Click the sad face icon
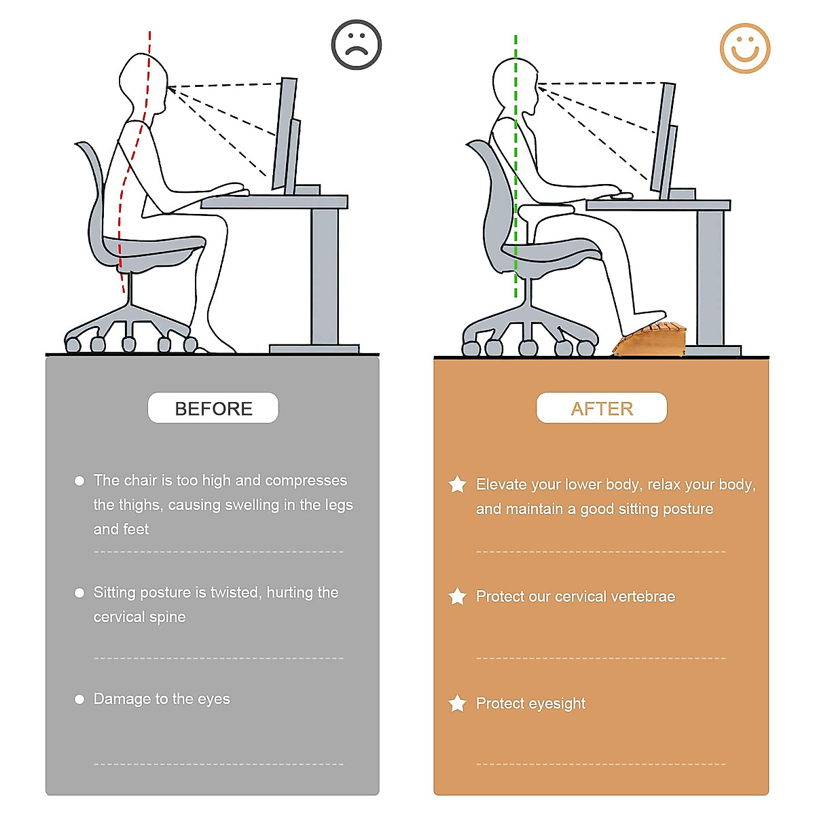coord(357,44)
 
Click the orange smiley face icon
coord(745,48)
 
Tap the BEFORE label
coord(213,408)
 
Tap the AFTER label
coord(602,408)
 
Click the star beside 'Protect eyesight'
coord(458,704)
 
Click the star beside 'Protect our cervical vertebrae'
coord(458,596)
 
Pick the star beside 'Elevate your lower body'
coord(458,484)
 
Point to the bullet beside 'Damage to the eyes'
coord(79,699)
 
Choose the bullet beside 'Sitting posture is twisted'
coord(79,593)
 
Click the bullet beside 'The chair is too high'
coord(79,481)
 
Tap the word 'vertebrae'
coord(643,596)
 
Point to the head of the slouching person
coord(143,81)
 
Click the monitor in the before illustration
coord(286,136)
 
